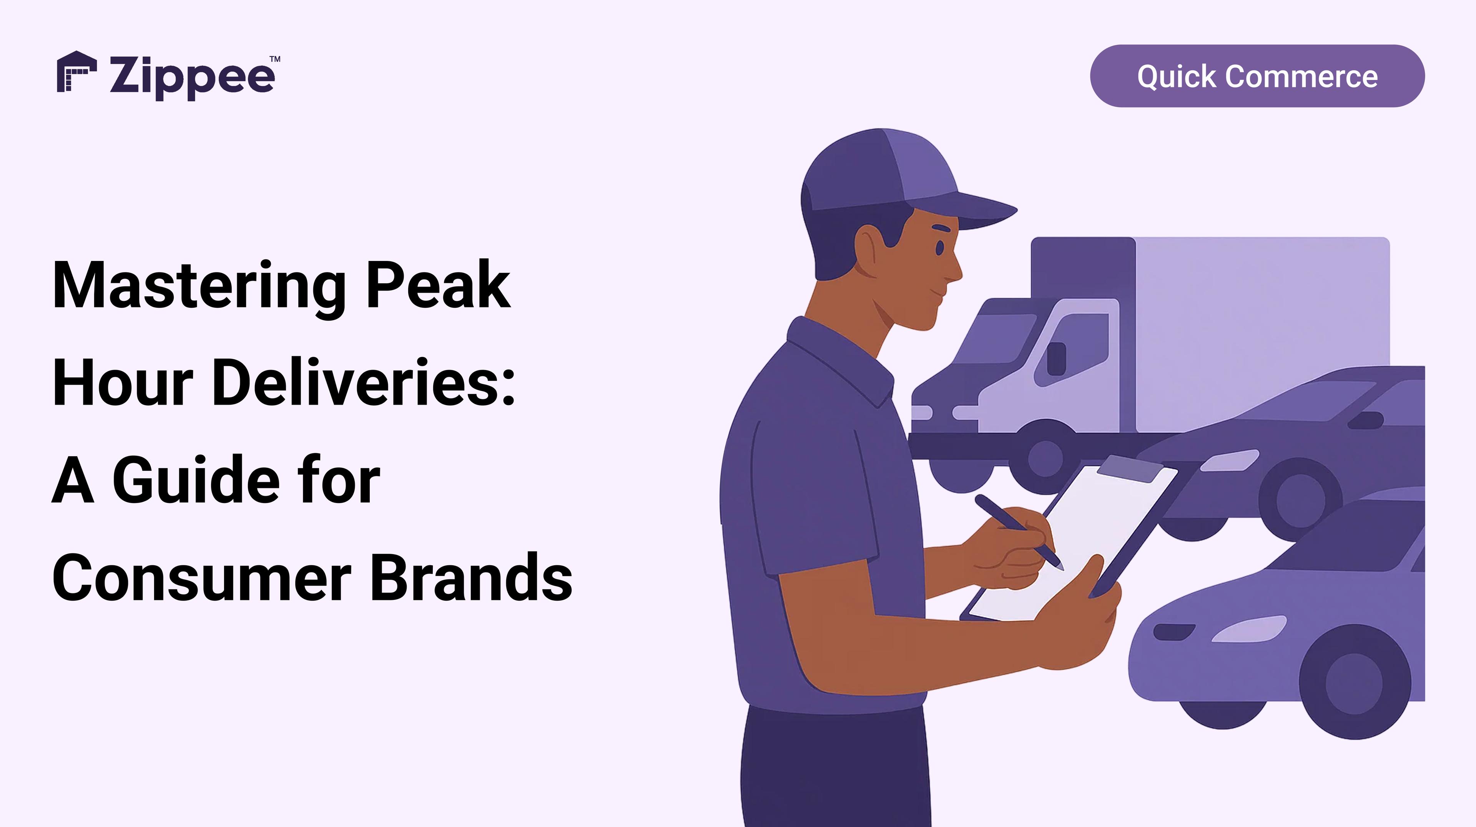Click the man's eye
940,247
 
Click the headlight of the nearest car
1249,629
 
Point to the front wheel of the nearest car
1355,681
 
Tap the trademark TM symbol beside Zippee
275,59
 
